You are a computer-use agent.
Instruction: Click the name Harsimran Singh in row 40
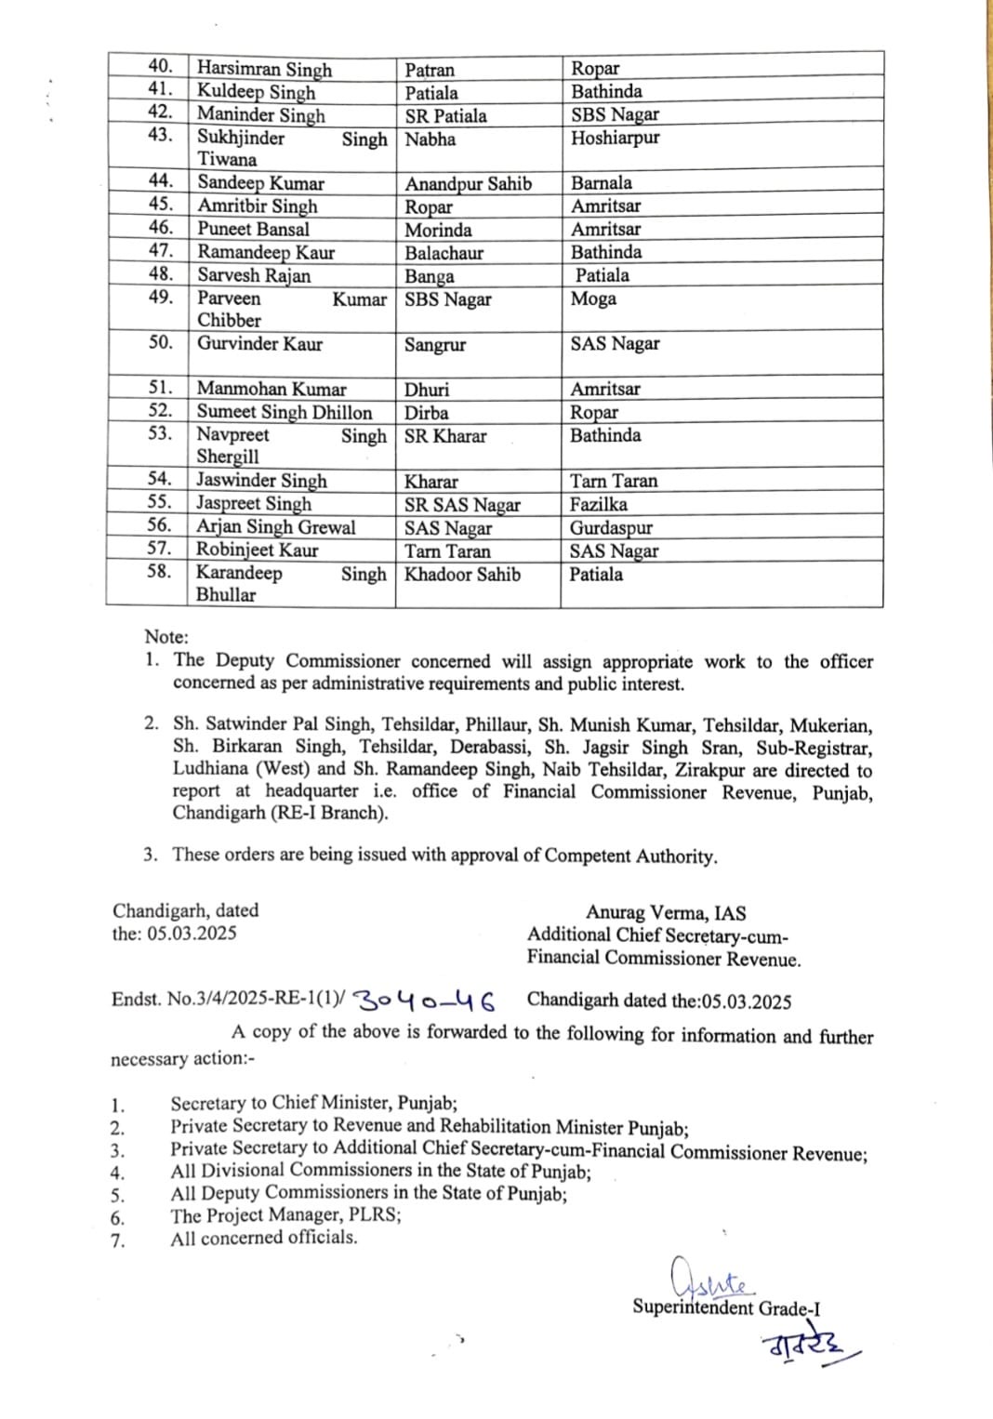[264, 70]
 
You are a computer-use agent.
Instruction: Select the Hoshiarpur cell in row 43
[615, 138]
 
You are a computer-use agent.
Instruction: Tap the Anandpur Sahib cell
[468, 184]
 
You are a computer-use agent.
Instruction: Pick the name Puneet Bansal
[253, 229]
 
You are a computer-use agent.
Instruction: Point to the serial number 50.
[160, 342]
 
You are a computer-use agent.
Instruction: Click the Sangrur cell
[434, 345]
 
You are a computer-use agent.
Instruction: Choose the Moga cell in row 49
[593, 298]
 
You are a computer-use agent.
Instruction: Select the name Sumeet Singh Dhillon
[284, 412]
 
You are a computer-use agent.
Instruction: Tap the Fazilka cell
[598, 504]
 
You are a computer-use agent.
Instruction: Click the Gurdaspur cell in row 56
[611, 527]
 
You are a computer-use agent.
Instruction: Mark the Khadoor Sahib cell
[462, 575]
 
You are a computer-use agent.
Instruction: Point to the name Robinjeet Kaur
[257, 550]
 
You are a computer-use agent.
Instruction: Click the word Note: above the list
[166, 637]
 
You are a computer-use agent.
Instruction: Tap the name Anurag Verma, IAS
[665, 913]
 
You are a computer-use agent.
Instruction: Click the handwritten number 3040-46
[425, 1001]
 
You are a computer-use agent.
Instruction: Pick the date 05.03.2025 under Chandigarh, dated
[192, 933]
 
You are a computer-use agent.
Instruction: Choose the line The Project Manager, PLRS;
[285, 1214]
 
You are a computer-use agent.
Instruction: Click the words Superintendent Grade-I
[726, 1307]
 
